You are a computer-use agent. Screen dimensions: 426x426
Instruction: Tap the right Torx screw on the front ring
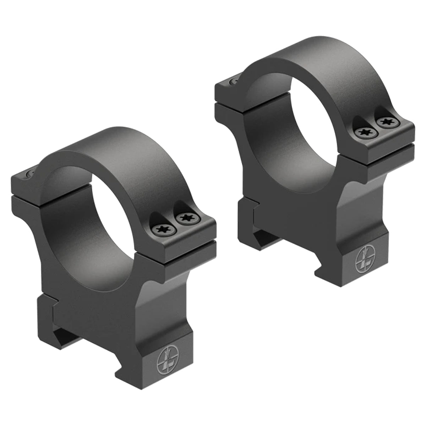click(185, 218)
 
